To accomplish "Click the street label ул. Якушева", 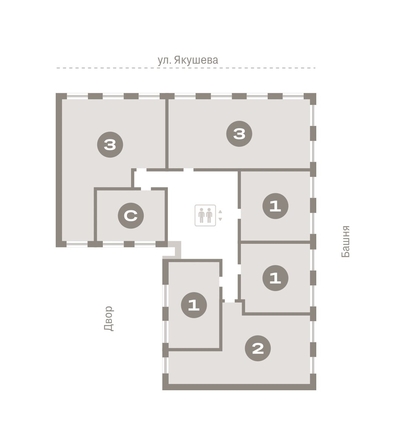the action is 188,60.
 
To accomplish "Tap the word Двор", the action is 109,318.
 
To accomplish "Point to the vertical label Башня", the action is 346,241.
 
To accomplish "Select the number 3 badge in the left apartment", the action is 110,145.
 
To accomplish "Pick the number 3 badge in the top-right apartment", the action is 239,134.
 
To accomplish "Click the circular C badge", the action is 131,216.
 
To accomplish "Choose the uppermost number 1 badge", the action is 275,206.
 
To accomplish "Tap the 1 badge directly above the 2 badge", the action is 275,278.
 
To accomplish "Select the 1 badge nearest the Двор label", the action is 194,305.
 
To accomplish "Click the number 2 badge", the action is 258,348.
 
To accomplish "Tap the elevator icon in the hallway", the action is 205,216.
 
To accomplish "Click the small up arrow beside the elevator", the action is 220,212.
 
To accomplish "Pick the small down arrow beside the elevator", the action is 220,219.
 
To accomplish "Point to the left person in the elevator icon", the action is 201,216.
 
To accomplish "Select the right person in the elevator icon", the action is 209,216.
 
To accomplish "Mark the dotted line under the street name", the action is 186,68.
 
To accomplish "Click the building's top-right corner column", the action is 310,99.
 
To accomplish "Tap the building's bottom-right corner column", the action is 312,382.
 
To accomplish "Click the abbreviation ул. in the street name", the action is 163,61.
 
